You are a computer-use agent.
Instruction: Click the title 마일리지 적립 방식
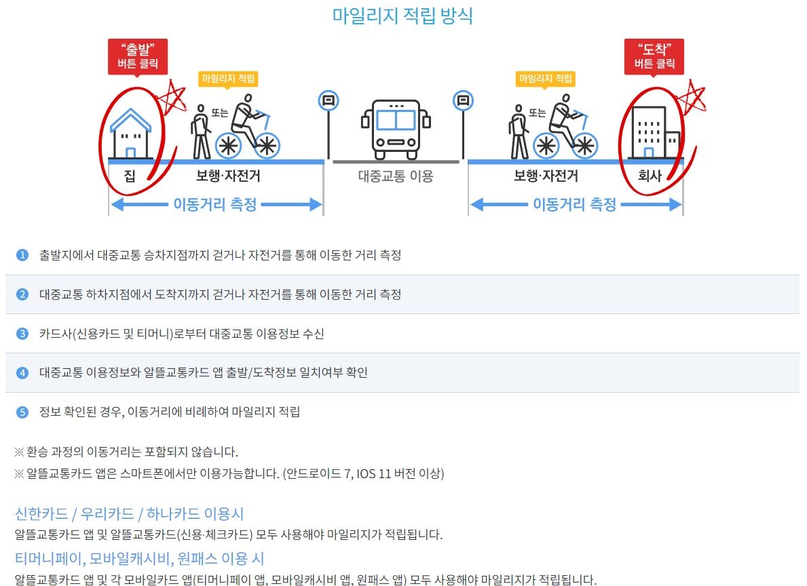(402, 16)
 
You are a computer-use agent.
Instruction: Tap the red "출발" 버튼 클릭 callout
(138, 57)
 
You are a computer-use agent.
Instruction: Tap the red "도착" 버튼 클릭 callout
(654, 57)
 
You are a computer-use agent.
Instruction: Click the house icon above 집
(131, 134)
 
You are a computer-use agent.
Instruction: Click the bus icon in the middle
(396, 129)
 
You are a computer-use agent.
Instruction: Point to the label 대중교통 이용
(396, 177)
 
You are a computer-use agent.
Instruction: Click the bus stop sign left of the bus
(329, 102)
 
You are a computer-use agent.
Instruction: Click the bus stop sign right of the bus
(463, 102)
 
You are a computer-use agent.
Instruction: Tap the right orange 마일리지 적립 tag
(545, 79)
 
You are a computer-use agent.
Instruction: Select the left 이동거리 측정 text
(215, 204)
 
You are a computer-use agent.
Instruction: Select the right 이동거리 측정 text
(574, 204)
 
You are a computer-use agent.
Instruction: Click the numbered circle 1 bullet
(22, 255)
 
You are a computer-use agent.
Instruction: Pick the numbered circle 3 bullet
(22, 333)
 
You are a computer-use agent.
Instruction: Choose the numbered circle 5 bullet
(22, 412)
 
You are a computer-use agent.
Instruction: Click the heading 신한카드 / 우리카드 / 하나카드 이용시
(130, 513)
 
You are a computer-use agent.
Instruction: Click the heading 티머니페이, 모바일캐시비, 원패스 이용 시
(139, 559)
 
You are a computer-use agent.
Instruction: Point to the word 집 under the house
(130, 176)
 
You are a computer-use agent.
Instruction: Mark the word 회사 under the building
(650, 176)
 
